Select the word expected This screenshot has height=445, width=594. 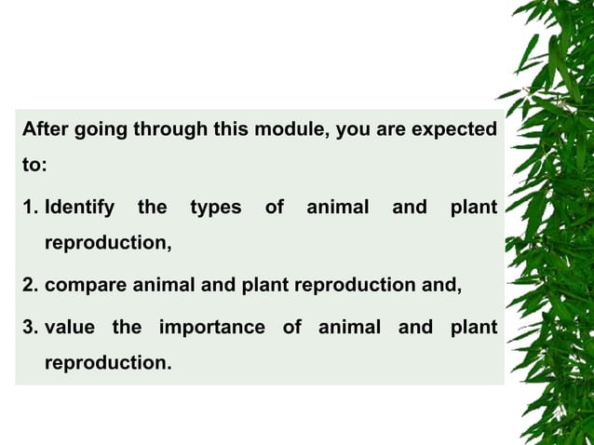click(453, 129)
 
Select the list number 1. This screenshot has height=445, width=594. click(30, 207)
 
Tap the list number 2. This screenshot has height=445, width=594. click(30, 285)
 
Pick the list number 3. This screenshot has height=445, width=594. click(30, 327)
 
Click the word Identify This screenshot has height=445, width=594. click(79, 207)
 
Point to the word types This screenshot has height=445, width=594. click(216, 207)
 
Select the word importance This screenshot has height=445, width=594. click(211, 327)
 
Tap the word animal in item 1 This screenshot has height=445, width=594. click(337, 207)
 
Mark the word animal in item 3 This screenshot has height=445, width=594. click(349, 327)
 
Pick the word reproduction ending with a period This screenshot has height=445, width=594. click(108, 362)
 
